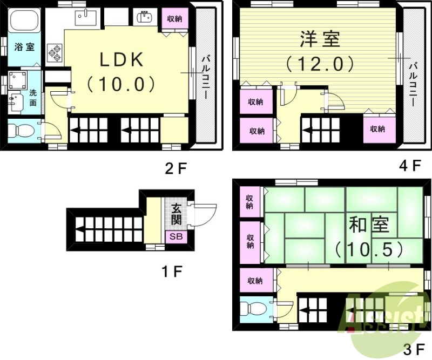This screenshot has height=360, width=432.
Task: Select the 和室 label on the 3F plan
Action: click(369, 225)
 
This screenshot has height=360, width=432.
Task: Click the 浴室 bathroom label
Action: click(24, 47)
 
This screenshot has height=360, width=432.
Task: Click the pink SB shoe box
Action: click(177, 236)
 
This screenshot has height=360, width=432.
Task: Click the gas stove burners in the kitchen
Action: click(55, 51)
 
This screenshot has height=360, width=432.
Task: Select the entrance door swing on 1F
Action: click(204, 214)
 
